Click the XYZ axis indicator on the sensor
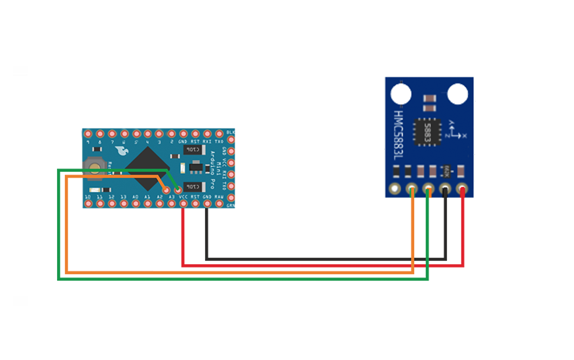pyautogui.click(x=456, y=130)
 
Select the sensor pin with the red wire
pyautogui.click(x=463, y=191)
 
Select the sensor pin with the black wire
pyautogui.click(x=446, y=191)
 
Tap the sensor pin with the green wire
pyautogui.click(x=429, y=191)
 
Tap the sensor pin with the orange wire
pyautogui.click(x=412, y=191)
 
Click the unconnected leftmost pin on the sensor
pyautogui.click(x=395, y=191)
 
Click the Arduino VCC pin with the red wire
pyautogui.click(x=183, y=204)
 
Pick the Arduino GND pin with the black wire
pyautogui.click(x=207, y=204)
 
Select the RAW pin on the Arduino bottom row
pyautogui.click(x=219, y=204)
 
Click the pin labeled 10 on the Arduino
pyautogui.click(x=88, y=204)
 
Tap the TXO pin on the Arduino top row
pyautogui.click(x=219, y=133)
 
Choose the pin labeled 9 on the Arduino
pyautogui.click(x=88, y=133)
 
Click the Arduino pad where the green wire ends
pyautogui.click(x=177, y=190)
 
